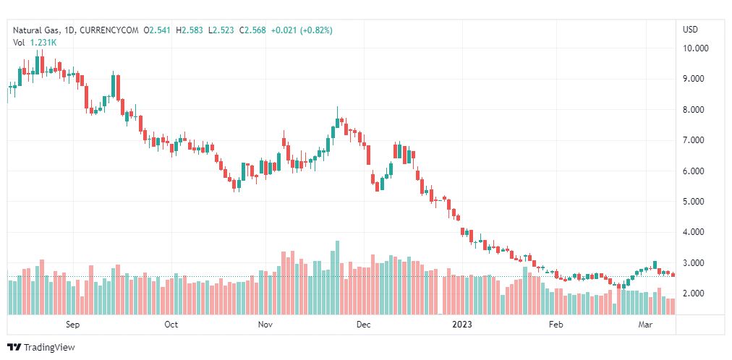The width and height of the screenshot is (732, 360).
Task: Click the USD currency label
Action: pyautogui.click(x=690, y=30)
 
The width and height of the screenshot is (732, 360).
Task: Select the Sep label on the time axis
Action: pyautogui.click(x=72, y=325)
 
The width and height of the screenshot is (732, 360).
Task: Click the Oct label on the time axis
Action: pyautogui.click(x=171, y=325)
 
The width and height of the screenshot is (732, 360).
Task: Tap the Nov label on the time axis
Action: pyautogui.click(x=266, y=325)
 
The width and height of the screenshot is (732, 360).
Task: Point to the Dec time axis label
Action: pyautogui.click(x=363, y=325)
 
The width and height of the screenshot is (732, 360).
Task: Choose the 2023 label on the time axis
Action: pyautogui.click(x=460, y=325)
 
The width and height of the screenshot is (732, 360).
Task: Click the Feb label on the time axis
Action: pyautogui.click(x=556, y=325)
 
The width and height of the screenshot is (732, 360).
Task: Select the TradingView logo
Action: pyautogui.click(x=41, y=348)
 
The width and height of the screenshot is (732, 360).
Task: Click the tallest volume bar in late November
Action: pyautogui.click(x=337, y=278)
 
